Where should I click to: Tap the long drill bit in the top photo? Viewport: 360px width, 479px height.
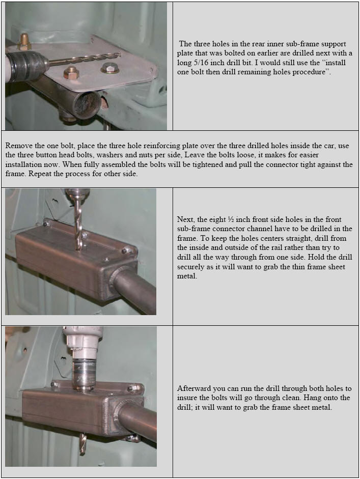pos(85,59)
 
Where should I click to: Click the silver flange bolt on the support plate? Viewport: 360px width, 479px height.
pos(109,68)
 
